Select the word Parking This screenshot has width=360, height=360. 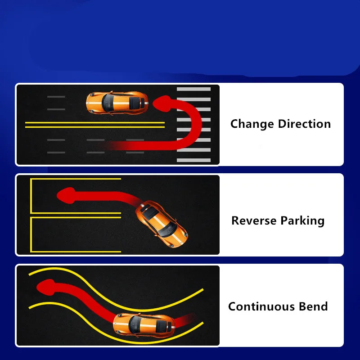click(x=302, y=221)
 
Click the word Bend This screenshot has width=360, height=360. click(x=313, y=307)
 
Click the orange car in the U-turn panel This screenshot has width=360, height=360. click(x=117, y=103)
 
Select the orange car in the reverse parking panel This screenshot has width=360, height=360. click(x=162, y=224)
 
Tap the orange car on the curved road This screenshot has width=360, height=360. click(x=144, y=324)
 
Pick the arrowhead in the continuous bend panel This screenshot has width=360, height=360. click(x=45, y=285)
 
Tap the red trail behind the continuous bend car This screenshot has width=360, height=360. click(x=182, y=321)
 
